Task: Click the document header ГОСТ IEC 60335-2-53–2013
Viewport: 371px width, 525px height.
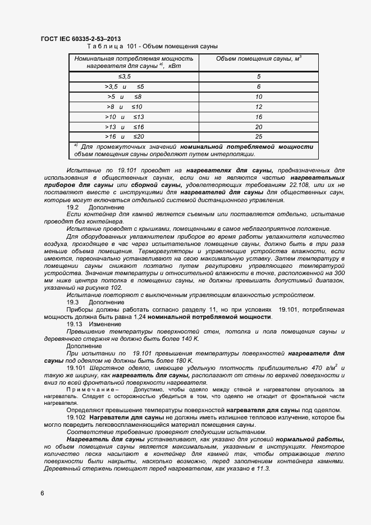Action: point(81,38)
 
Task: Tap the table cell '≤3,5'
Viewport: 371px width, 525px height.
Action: point(124,76)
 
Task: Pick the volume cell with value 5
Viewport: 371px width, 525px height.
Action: point(259,76)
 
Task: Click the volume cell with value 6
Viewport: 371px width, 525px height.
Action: point(259,86)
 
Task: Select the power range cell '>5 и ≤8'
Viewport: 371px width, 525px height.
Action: point(124,97)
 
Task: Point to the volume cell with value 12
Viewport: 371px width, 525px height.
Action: point(259,107)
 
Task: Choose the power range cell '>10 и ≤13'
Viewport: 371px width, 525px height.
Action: point(124,117)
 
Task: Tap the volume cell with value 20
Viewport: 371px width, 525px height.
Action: point(259,127)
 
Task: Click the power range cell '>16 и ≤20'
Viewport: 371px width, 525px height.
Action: point(124,136)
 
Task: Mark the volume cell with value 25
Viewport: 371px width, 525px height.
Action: point(259,136)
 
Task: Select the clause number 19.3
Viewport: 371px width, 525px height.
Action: point(74,302)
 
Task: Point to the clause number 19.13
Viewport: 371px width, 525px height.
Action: point(75,324)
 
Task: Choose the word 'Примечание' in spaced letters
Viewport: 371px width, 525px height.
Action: point(90,389)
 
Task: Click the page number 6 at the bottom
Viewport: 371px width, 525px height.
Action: point(43,493)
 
